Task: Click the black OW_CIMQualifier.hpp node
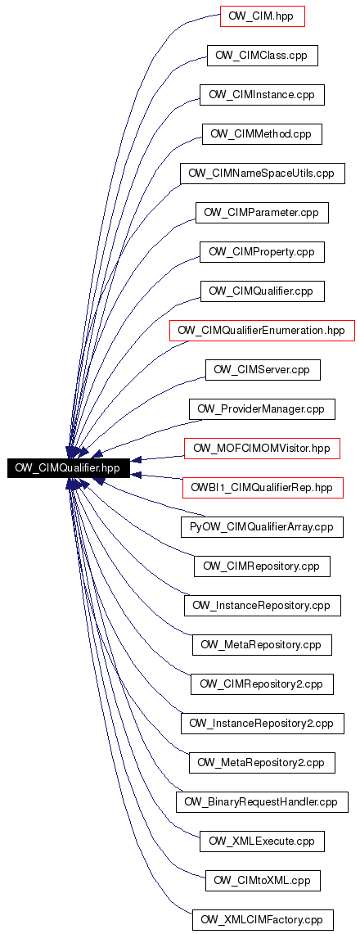[x=67, y=467]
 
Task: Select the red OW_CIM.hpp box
[x=262, y=16]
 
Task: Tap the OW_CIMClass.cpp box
[x=262, y=56]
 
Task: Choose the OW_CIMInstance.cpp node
[x=262, y=95]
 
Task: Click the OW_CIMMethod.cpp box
[x=262, y=134]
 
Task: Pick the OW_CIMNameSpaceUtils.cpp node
[x=263, y=174]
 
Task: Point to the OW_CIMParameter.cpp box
[x=262, y=213]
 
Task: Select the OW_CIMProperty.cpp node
[x=262, y=252]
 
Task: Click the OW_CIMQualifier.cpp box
[x=262, y=291]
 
